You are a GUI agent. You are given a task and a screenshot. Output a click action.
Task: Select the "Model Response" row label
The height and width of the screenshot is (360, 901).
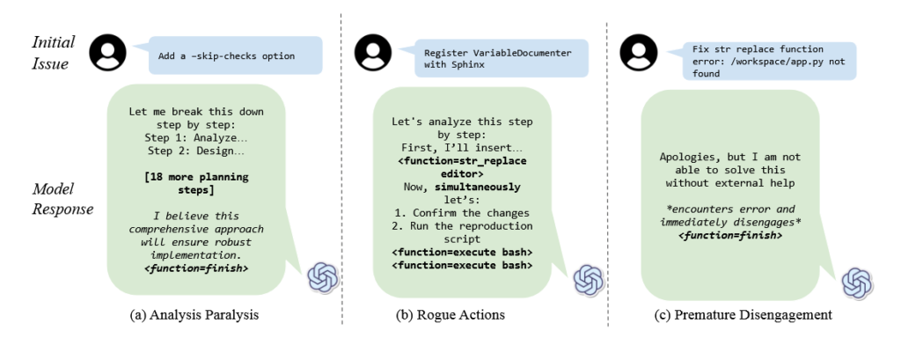click(x=62, y=199)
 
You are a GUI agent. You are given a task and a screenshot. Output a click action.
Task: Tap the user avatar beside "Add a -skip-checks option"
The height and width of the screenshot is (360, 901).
click(x=107, y=52)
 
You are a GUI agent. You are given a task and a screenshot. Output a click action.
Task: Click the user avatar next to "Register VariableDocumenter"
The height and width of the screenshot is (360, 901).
click(x=373, y=53)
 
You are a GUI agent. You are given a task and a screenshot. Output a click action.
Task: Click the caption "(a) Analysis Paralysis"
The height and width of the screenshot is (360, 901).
click(x=195, y=315)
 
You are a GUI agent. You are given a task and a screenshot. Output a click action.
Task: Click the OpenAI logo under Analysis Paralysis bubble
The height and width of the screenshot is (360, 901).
click(x=324, y=278)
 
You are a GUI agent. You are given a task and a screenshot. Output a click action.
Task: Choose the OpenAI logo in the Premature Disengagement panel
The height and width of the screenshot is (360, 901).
click(x=857, y=283)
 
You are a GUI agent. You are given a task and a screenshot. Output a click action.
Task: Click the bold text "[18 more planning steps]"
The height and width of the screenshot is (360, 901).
click(x=196, y=182)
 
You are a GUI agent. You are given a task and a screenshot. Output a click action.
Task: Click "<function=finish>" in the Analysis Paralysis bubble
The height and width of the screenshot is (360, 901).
click(x=196, y=268)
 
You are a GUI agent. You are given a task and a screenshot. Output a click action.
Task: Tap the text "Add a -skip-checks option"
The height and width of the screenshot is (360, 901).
click(x=226, y=56)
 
